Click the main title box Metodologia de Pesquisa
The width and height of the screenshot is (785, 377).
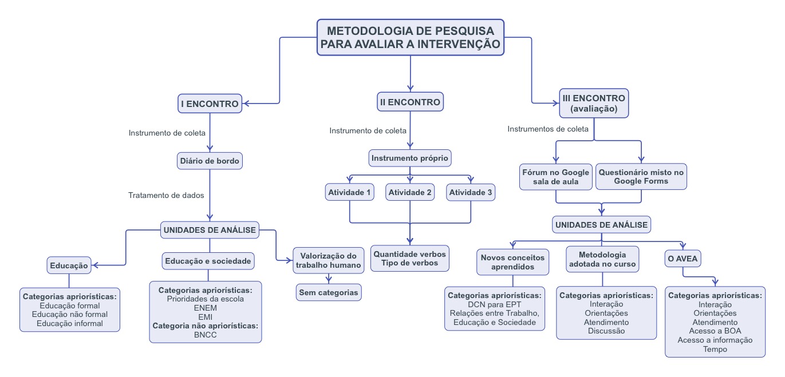pyautogui.click(x=411, y=37)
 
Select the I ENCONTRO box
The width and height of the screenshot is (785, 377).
pyautogui.click(x=209, y=104)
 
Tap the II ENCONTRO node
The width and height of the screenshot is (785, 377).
pyautogui.click(x=410, y=102)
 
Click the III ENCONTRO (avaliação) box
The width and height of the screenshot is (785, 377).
pyautogui.click(x=594, y=104)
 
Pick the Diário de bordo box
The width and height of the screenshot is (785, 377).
pyautogui.click(x=210, y=161)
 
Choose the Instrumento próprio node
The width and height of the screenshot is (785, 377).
pyautogui.click(x=410, y=158)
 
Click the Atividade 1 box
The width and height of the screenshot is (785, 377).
pyautogui.click(x=349, y=192)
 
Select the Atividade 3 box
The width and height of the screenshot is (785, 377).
pyautogui.click(x=471, y=192)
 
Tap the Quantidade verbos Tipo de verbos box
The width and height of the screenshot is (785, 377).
pyautogui.click(x=410, y=258)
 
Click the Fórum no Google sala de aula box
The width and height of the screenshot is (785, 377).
pyautogui.click(x=555, y=177)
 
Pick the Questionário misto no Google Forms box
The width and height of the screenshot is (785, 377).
pyautogui.click(x=641, y=177)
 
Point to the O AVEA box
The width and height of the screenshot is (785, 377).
pyautogui.click(x=683, y=259)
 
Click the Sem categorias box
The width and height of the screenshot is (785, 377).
pyautogui.click(x=329, y=292)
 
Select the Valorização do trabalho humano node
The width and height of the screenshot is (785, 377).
pyautogui.click(x=329, y=260)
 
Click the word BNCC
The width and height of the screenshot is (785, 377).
pyautogui.click(x=205, y=335)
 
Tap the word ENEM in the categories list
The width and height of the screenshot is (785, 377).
pyautogui.click(x=205, y=308)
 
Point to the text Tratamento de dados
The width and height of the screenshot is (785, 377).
pyautogui.click(x=166, y=195)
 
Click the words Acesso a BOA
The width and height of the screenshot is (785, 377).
pyautogui.click(x=715, y=331)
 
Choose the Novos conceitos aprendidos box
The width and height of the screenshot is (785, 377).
pyautogui.click(x=512, y=262)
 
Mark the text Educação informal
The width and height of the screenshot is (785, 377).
pyautogui.click(x=70, y=323)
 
